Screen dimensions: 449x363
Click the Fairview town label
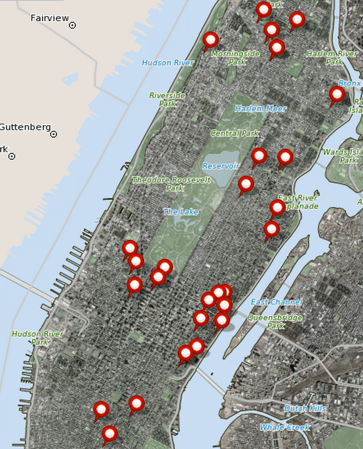[49, 18]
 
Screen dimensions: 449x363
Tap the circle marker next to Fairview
[73, 25]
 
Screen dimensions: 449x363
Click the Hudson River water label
[168, 63]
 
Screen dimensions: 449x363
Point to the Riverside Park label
[167, 99]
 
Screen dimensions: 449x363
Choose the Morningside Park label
[236, 58]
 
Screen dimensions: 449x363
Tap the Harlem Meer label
[261, 109]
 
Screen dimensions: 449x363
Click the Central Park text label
[235, 133]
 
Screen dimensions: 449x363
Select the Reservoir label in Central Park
[221, 166]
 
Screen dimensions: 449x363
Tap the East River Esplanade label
[298, 202]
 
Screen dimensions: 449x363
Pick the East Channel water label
[277, 302]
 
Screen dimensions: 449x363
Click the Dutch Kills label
[305, 408]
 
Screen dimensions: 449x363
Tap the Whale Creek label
[284, 427]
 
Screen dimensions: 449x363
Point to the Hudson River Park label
[37, 338]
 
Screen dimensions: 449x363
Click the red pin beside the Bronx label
[337, 95]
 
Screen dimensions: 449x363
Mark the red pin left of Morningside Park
[210, 40]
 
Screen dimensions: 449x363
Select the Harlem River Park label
[332, 57]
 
